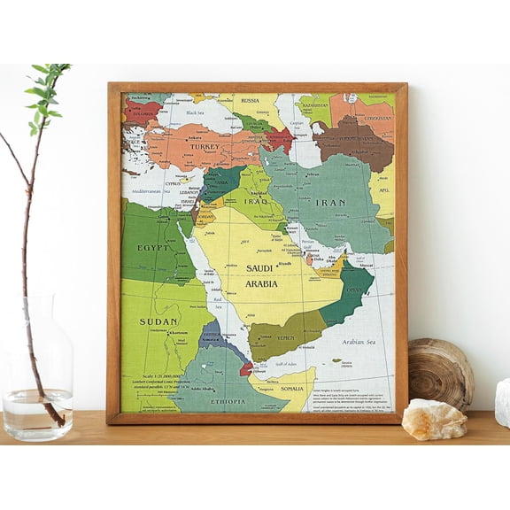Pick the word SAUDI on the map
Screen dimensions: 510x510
click(259, 267)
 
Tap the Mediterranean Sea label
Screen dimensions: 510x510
click(148, 189)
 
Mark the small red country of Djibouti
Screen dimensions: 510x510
click(245, 367)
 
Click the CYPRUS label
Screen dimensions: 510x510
click(173, 183)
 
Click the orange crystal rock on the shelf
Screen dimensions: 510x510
click(434, 419)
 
